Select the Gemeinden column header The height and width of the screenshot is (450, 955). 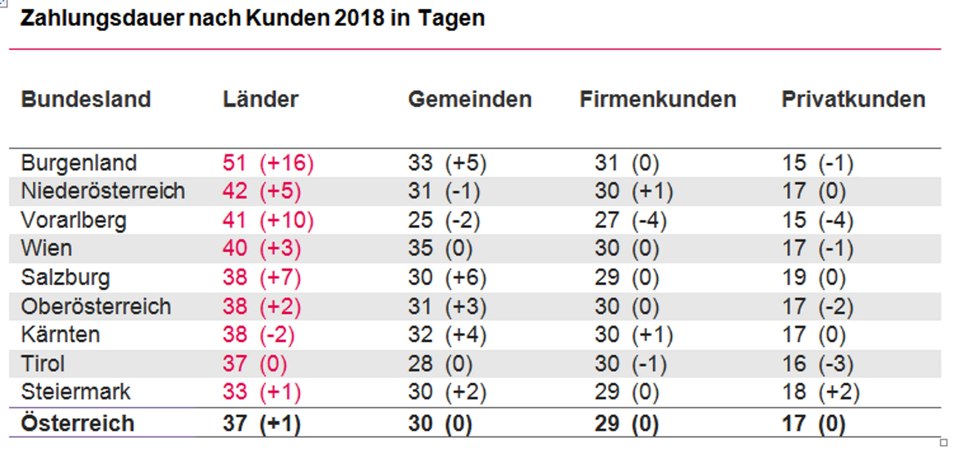coord(470,99)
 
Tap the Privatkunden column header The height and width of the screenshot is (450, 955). coord(854,99)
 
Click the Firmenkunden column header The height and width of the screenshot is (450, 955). coord(658,99)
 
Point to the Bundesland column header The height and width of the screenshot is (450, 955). coord(86,99)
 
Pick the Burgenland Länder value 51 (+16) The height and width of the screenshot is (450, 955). coord(268,163)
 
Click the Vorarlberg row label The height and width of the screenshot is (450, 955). coord(74,220)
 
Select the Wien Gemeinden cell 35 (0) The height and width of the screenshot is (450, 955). coord(440,248)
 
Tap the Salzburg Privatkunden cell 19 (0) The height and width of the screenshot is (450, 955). coord(814,277)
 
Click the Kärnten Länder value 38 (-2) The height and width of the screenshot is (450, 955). coord(259,334)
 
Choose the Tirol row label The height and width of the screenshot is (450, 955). coord(43,363)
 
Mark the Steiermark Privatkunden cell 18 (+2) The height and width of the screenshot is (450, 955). coord(821,392)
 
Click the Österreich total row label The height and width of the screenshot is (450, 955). coord(78,423)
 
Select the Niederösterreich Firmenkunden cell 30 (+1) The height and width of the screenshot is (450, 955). coord(634,191)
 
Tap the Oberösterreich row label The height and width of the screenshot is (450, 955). coord(96,306)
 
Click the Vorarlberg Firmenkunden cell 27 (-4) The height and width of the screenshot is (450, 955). coord(630,220)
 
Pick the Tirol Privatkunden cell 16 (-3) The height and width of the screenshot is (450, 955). coord(818,363)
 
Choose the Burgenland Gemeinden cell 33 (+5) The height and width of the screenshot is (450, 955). coord(447,163)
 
